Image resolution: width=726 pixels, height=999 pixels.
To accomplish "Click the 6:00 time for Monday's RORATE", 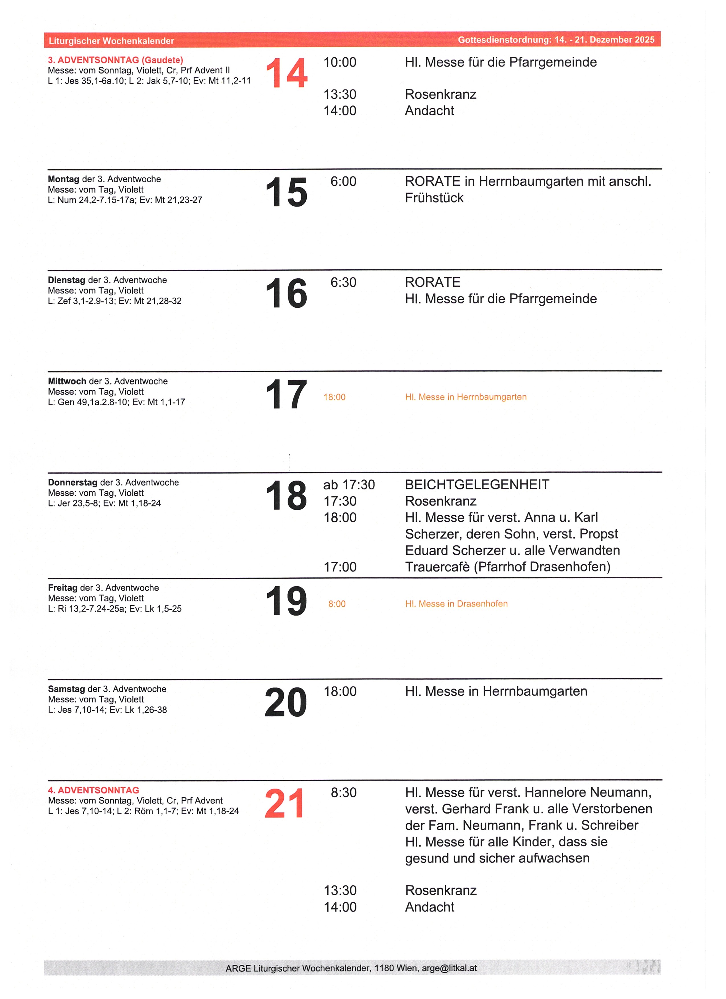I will (x=343, y=181).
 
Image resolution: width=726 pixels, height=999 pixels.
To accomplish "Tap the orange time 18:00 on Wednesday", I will (x=335, y=397).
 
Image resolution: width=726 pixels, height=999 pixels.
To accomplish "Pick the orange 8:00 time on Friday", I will (x=337, y=604).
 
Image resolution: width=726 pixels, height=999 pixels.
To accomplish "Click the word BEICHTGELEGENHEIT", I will (x=477, y=485).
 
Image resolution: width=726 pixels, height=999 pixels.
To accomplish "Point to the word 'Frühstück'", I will (x=434, y=198).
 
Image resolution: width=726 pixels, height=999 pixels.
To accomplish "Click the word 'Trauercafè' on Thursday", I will (x=437, y=567).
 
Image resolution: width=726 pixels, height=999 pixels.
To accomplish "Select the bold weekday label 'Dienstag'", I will (x=67, y=280).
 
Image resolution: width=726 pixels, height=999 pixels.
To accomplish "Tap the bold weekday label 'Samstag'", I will (x=67, y=689).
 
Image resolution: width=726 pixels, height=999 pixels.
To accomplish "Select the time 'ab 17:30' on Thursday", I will (x=349, y=485).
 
